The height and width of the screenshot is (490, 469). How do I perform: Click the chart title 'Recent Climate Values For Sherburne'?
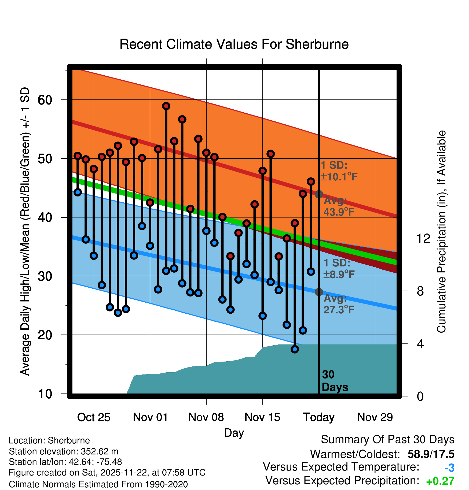pos(234,44)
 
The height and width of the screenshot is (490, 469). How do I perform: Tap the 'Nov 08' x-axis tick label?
pos(206,417)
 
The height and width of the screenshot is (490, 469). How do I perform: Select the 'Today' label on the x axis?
pos(319,417)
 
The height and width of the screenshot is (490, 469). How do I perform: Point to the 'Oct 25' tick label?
pos(94,417)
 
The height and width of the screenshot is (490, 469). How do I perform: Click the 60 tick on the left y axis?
pos(45,100)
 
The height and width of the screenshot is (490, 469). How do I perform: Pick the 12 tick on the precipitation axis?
pos(423,238)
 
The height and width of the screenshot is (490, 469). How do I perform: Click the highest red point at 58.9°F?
pos(166,106)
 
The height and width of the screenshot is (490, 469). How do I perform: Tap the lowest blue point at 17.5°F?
pos(295,349)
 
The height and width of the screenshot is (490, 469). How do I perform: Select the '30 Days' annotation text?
pos(335,381)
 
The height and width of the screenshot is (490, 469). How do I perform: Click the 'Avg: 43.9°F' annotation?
pos(339,206)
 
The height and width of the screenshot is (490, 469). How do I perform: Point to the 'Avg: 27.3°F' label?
pos(339,304)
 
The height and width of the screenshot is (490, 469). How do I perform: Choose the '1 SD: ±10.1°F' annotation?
pos(339,171)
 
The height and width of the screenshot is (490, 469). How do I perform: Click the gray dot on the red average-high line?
pos(319,194)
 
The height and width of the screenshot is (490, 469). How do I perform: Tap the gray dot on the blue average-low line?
pos(319,292)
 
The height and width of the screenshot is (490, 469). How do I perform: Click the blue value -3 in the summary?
pos(449,468)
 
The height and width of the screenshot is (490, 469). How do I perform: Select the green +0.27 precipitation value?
pos(440,481)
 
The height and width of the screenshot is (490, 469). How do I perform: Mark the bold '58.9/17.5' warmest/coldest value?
pos(431,454)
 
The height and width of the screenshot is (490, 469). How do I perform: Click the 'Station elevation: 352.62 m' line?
pos(64,451)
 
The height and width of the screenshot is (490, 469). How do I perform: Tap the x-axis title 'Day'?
pos(234,433)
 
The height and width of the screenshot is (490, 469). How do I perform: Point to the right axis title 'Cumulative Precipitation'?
pos(441,232)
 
